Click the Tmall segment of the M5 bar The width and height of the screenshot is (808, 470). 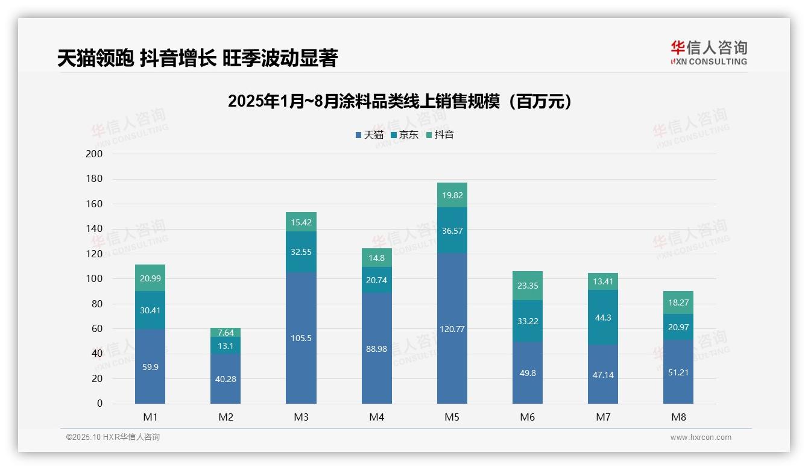(x=452, y=328)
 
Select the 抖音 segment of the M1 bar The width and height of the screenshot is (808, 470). (x=150, y=278)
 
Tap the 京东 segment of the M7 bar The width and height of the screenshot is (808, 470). (x=602, y=318)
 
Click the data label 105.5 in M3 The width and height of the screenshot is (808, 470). (x=301, y=338)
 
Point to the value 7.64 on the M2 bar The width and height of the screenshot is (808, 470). (x=226, y=333)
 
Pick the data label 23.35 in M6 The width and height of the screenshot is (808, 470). (x=528, y=286)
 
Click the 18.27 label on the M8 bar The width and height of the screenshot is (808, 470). (x=678, y=302)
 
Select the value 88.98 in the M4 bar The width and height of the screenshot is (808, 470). (x=376, y=348)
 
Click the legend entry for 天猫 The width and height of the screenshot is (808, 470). (x=370, y=135)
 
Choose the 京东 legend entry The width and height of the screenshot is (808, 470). (x=405, y=135)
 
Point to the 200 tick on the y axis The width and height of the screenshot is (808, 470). (x=95, y=154)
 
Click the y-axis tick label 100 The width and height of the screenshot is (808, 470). (x=95, y=279)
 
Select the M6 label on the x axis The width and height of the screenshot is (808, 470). (x=527, y=417)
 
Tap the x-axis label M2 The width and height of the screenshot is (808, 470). (x=226, y=417)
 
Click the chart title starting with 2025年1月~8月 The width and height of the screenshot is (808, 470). (x=400, y=102)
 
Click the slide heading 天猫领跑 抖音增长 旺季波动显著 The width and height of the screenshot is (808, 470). (x=197, y=58)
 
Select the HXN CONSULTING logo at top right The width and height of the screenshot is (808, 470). (x=709, y=53)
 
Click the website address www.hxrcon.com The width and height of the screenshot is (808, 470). (x=700, y=437)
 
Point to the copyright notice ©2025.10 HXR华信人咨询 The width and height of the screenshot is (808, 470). (x=113, y=437)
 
